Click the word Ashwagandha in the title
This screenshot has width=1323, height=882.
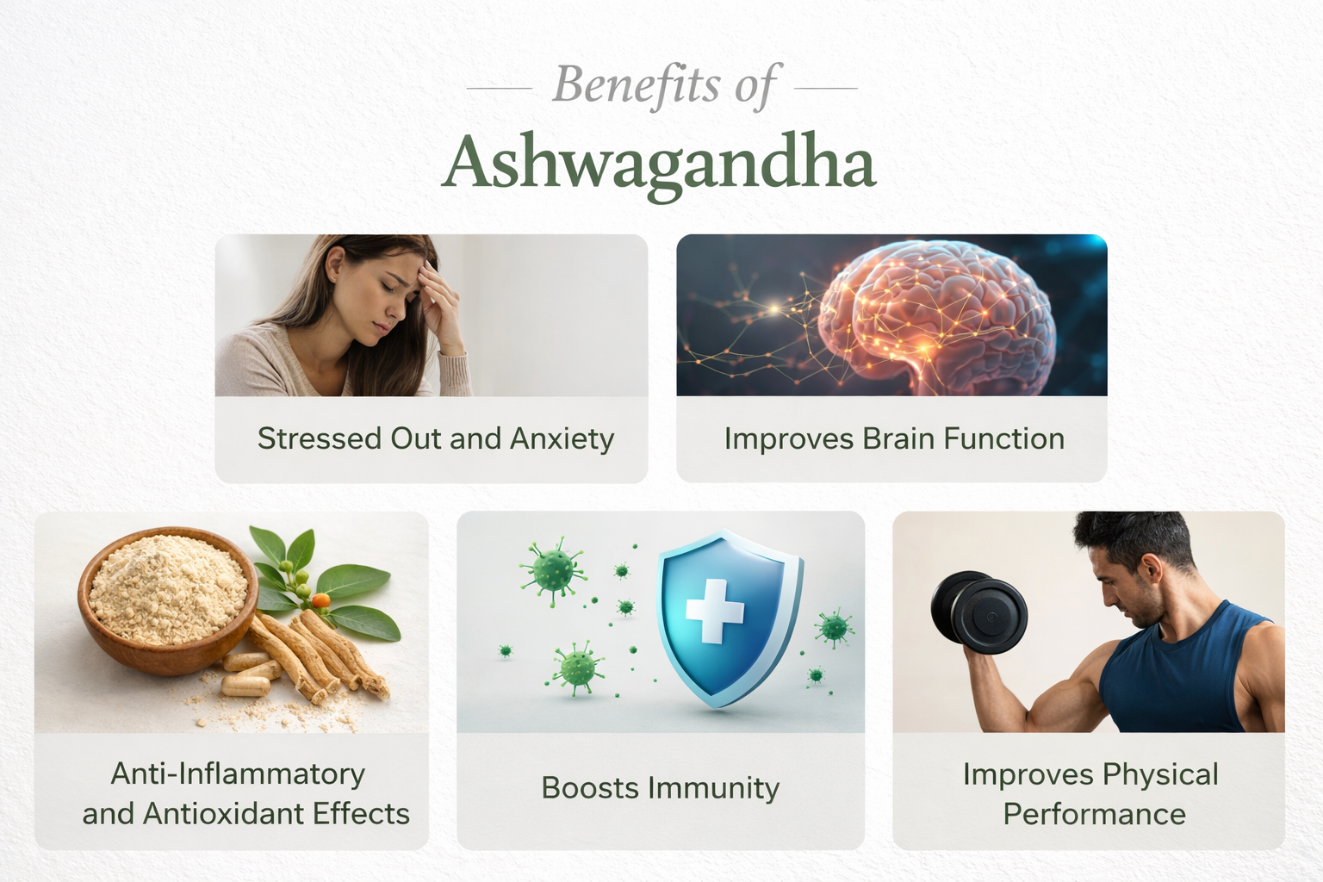659,164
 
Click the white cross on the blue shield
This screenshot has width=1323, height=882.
714,611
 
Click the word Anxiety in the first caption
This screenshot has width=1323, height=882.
562,439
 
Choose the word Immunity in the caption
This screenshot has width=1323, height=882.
714,789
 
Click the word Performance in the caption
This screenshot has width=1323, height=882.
1094,814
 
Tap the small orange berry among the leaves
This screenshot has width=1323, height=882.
320,600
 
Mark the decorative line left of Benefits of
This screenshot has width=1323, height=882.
499,88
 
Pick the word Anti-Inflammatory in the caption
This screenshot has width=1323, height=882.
238,774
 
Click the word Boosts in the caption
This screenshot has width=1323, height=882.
590,788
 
